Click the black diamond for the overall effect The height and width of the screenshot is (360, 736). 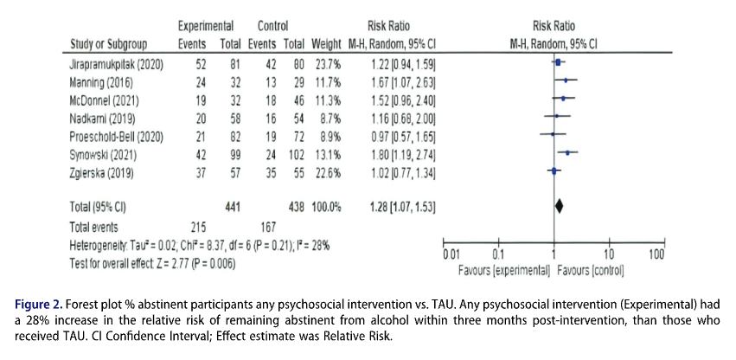tap(559, 206)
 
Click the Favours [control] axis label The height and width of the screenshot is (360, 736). tap(592, 271)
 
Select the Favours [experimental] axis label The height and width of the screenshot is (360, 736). tap(504, 271)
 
